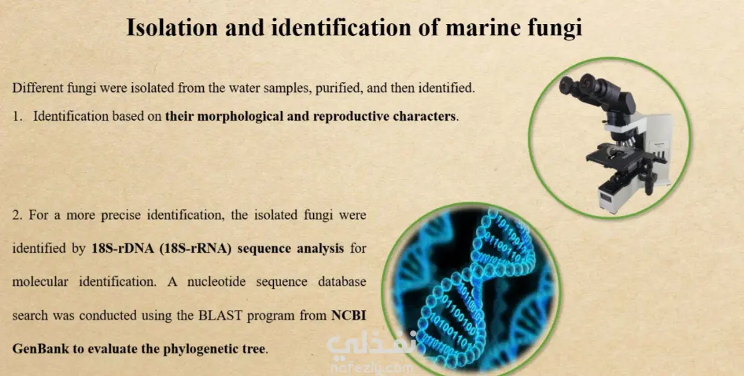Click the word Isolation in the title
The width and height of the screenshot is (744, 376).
[x=172, y=28]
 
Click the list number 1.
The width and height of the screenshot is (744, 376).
[x=17, y=117]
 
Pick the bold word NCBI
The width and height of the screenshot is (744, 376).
[x=349, y=315]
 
